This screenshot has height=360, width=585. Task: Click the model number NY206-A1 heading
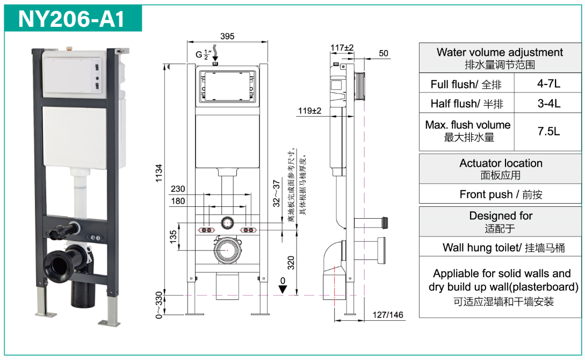[72, 19]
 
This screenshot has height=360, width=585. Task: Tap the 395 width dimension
[227, 37]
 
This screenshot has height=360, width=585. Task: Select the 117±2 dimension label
[342, 48]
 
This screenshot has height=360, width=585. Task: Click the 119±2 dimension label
[310, 111]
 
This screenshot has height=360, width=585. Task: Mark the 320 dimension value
[291, 262]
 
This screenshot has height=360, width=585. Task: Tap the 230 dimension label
[178, 189]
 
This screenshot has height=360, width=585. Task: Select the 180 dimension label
[178, 201]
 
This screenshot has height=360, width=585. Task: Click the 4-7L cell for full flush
[548, 84]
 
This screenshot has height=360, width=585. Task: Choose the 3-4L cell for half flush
[548, 103]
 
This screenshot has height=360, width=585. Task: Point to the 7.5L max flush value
[548, 131]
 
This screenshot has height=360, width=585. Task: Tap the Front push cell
[501, 195]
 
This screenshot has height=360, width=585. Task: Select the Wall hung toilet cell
[501, 248]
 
